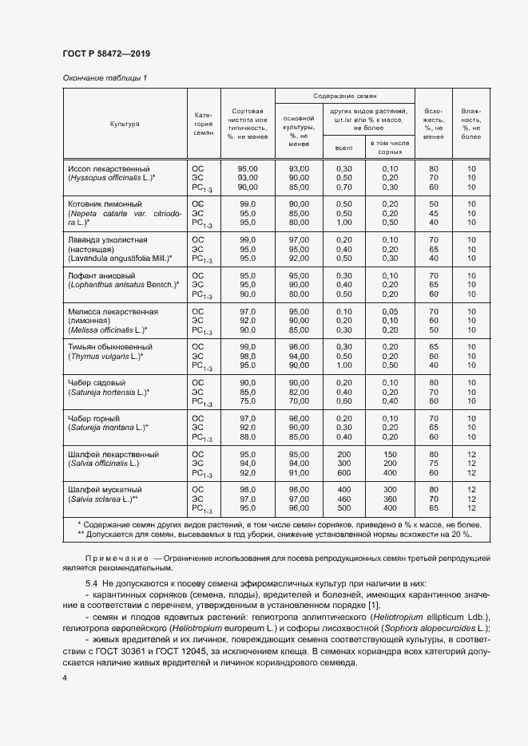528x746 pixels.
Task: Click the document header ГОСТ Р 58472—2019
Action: point(106,53)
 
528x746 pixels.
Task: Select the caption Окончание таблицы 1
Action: point(105,77)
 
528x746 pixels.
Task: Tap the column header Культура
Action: point(125,124)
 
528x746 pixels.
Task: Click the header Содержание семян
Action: point(345,95)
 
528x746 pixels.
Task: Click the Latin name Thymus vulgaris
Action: point(104,356)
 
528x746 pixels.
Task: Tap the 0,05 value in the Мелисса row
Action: point(390,310)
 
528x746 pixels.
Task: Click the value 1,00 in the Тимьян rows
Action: point(344,365)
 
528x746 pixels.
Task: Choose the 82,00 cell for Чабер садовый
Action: point(300,392)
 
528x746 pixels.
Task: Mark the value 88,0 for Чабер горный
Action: point(248,437)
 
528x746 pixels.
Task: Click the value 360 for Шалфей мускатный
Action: point(390,499)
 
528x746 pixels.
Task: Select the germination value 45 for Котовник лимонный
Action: point(434,213)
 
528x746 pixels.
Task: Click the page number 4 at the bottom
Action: point(65,678)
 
